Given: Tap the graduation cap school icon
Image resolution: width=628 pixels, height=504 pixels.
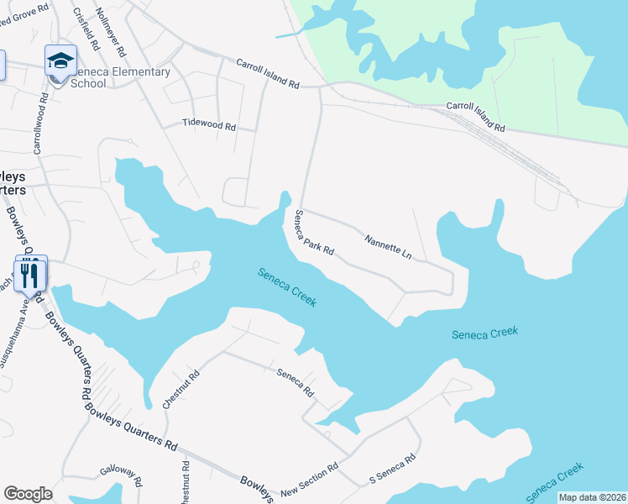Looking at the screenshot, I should pyautogui.click(x=60, y=60).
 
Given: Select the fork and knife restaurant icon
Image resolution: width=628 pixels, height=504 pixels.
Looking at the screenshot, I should pyautogui.click(x=30, y=273).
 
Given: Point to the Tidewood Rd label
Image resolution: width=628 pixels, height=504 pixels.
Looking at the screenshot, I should pyautogui.click(x=209, y=125).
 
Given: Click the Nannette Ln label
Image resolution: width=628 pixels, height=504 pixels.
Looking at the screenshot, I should pyautogui.click(x=389, y=247).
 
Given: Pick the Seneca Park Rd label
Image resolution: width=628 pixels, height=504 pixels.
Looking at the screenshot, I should pyautogui.click(x=313, y=234).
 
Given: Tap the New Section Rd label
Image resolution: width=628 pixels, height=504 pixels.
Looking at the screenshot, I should pyautogui.click(x=309, y=478).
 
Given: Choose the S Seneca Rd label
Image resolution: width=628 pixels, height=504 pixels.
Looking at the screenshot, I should pyautogui.click(x=393, y=470).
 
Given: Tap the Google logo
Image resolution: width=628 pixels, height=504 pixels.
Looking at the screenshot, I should pyautogui.click(x=28, y=494).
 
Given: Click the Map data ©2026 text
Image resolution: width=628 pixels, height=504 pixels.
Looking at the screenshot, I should pyautogui.click(x=592, y=497).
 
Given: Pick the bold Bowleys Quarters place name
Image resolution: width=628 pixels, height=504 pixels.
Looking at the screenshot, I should pyautogui.click(x=12, y=184).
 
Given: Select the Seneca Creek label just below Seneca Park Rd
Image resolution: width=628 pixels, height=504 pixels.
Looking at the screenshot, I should pyautogui.click(x=287, y=286).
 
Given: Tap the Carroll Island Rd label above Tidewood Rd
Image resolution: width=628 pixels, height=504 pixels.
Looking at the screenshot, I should pyautogui.click(x=267, y=74).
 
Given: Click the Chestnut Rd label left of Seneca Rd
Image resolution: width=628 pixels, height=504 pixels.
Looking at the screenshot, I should pyautogui.click(x=180, y=387).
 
